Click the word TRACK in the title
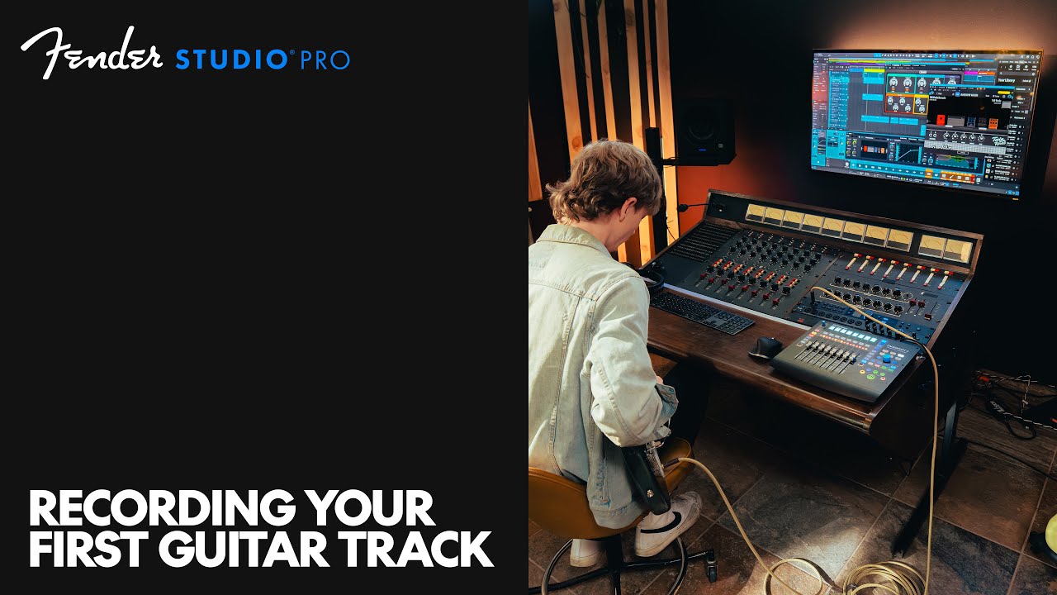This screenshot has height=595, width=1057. click(436, 550)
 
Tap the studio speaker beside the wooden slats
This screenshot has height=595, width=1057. click(703, 131)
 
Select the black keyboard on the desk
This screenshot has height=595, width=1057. click(701, 312)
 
